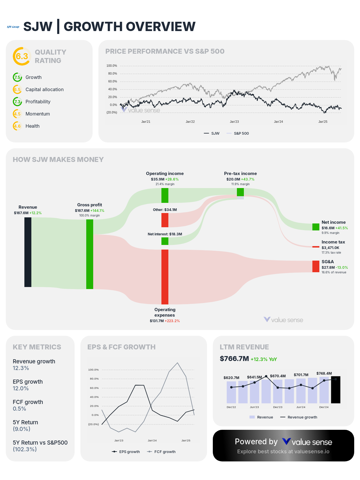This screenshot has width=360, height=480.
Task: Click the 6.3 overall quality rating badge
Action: pyautogui.click(x=22, y=56)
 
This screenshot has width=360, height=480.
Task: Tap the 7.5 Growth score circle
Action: pyautogui.click(x=17, y=77)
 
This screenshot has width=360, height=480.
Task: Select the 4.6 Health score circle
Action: pyautogui.click(x=17, y=126)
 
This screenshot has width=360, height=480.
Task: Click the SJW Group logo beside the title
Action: pyautogui.click(x=13, y=27)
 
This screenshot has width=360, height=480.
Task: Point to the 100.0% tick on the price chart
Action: pyautogui.click(x=112, y=66)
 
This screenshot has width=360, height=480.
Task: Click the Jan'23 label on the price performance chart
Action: pyautogui.click(x=234, y=122)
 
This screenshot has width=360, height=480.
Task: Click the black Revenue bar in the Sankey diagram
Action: pyautogui.click(x=28, y=252)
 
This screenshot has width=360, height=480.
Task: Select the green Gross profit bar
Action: pyautogui.click(x=90, y=254)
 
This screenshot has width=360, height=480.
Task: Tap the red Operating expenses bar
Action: pyautogui.click(x=165, y=277)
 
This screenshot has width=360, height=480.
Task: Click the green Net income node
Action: pyautogui.click(x=316, y=227)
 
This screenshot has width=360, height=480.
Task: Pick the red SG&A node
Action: pyautogui.click(x=316, y=266)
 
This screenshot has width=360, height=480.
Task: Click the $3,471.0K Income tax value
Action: pyautogui.click(x=330, y=248)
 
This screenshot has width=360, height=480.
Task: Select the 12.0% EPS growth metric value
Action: pyautogui.click(x=21, y=389)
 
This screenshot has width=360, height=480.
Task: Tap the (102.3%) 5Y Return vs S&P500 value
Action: pyautogui.click(x=25, y=450)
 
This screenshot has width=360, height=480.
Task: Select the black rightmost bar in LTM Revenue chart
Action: pyautogui.click(x=336, y=390)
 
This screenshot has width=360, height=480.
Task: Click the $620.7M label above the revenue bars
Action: pyautogui.click(x=231, y=378)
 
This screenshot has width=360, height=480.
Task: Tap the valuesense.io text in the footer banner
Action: pyautogui.click(x=312, y=452)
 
